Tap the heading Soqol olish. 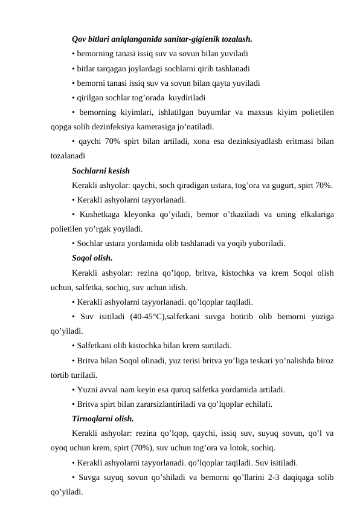(x=91, y=258)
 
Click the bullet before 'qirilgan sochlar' (x=72, y=97)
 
